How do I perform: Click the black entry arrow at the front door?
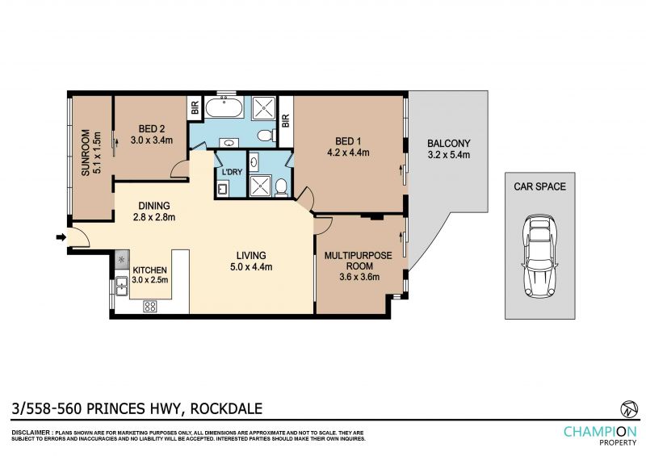coord(61,236)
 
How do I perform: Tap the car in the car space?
coord(539,255)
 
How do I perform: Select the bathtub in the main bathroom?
coord(225,107)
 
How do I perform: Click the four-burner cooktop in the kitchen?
coord(150,306)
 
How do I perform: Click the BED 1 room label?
coord(348,141)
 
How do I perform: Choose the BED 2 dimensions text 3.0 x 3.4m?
coord(152,140)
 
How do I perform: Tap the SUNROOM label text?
coord(86,153)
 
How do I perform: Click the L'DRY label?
coord(232,172)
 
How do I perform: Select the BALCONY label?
coord(449,144)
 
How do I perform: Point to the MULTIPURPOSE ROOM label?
coord(359,261)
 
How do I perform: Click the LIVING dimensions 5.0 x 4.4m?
coord(251,267)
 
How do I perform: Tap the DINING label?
coord(154,206)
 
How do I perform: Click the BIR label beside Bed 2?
coord(195,108)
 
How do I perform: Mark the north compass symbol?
coord(629,408)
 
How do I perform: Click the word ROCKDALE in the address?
coord(226,408)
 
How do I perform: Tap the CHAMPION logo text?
coord(600,432)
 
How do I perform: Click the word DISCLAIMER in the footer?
coord(31,433)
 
